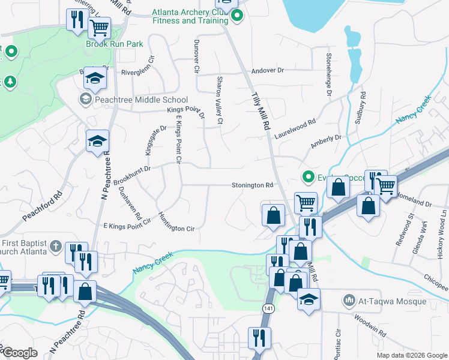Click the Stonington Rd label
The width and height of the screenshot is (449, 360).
[252, 185]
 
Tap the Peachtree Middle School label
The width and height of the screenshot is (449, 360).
[133, 100]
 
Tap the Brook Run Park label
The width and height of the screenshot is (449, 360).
[114, 44]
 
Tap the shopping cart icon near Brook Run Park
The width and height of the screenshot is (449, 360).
[99, 27]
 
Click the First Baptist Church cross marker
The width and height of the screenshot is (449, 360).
[55, 246]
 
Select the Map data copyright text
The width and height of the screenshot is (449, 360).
[411, 355]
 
